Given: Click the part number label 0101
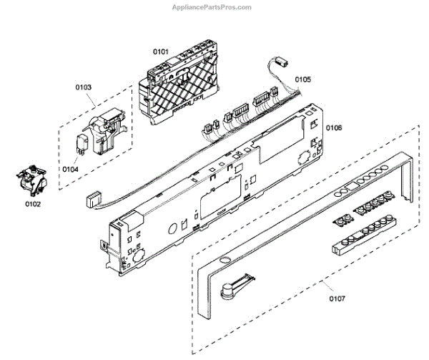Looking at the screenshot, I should (x=160, y=52).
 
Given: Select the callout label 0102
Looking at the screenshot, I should (x=33, y=203).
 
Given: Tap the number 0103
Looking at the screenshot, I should (x=83, y=87).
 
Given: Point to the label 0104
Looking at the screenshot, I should (x=69, y=169).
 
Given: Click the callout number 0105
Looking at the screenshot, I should (x=302, y=79).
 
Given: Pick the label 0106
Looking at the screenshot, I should (x=334, y=127).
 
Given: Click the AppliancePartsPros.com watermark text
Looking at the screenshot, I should (x=212, y=7).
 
